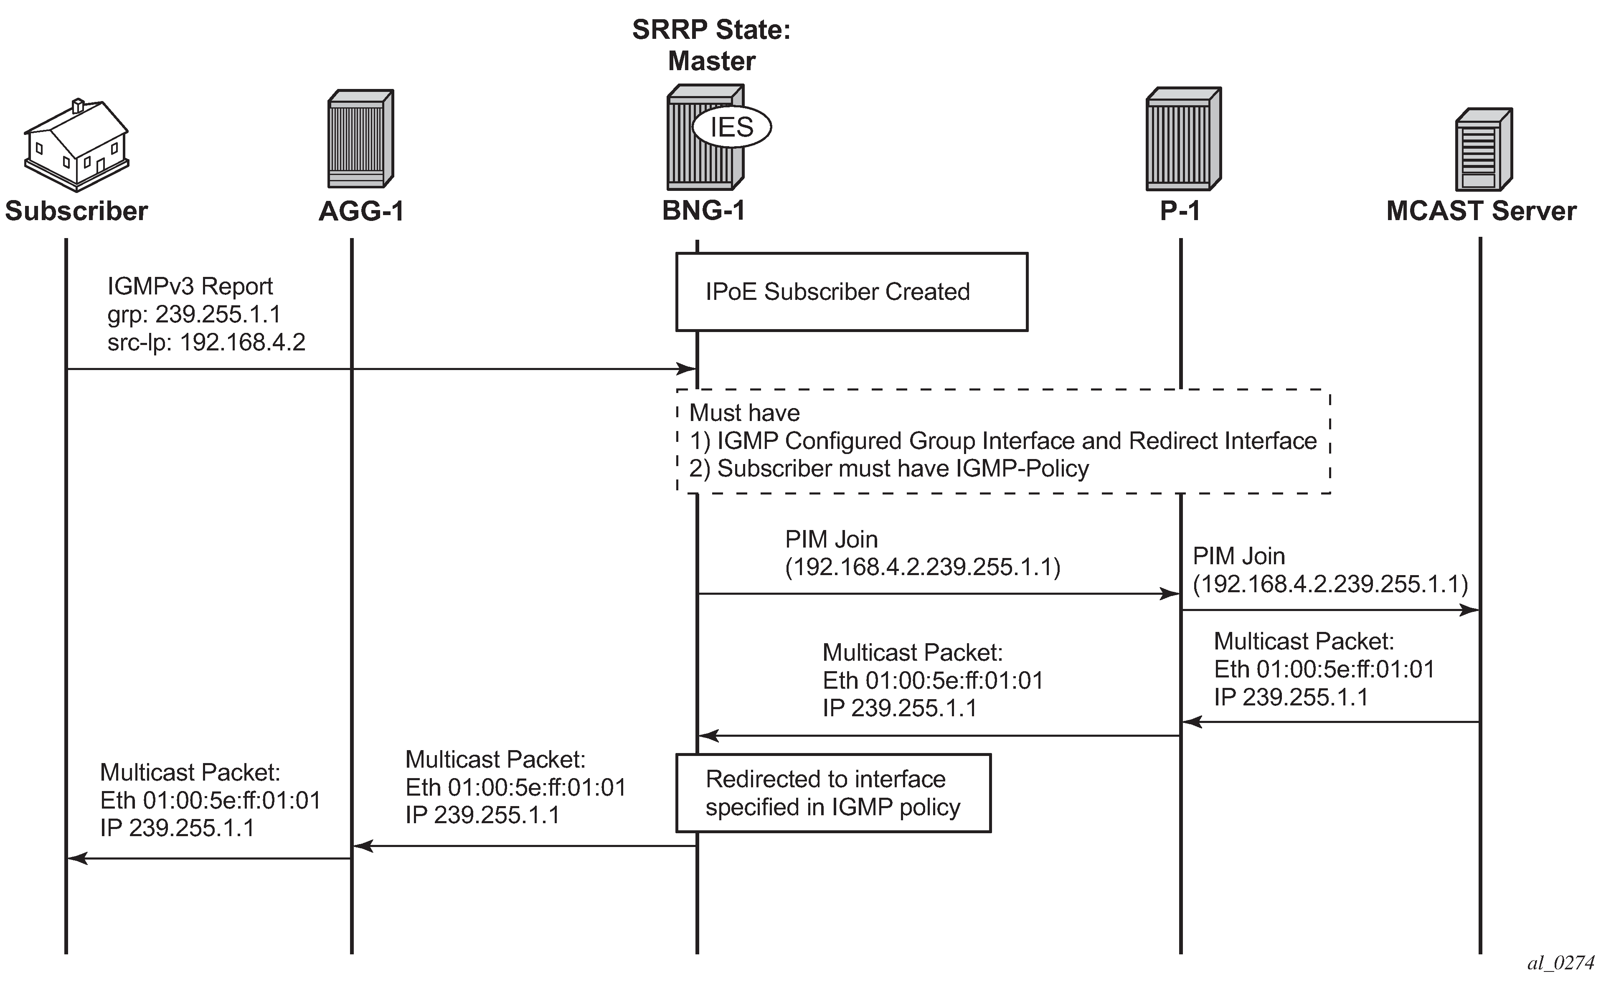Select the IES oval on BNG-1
[731, 127]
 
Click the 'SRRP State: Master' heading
[711, 46]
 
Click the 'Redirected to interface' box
[833, 793]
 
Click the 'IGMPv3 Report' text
[190, 287]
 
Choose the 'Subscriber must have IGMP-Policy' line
[889, 469]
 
